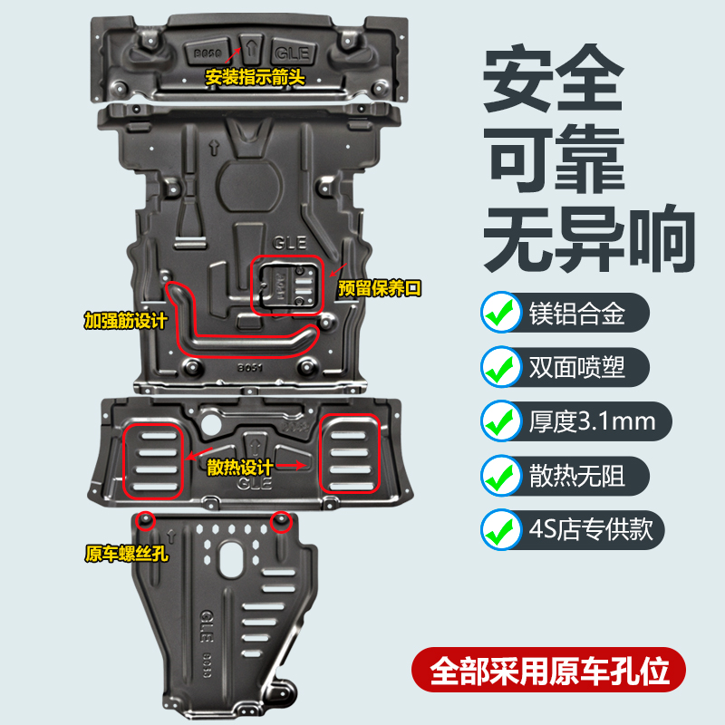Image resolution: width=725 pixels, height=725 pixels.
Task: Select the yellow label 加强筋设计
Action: tap(125, 320)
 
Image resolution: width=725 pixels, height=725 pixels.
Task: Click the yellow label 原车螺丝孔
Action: tap(123, 552)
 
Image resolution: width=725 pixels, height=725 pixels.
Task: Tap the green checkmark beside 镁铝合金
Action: tap(499, 312)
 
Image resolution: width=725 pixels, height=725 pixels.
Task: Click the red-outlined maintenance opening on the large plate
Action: tap(287, 284)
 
